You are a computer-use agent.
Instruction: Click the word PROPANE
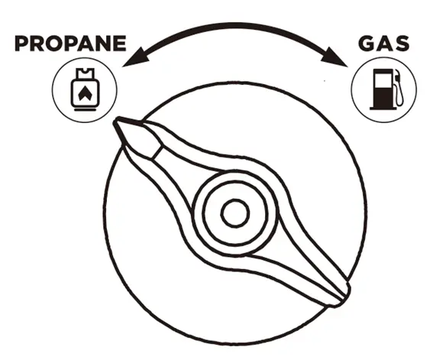(70, 44)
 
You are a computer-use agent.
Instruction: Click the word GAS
(383, 44)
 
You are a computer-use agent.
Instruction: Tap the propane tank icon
(85, 89)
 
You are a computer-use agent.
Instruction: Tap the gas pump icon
(386, 89)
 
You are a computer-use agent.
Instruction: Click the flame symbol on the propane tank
(85, 93)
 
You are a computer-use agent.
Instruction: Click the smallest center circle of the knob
(235, 213)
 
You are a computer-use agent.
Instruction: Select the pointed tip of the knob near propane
(116, 121)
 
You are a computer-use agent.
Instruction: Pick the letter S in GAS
(401, 44)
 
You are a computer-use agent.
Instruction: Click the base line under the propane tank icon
(85, 109)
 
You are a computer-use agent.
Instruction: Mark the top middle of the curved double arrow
(234, 26)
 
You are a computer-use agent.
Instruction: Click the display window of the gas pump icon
(382, 81)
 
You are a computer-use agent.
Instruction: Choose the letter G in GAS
(367, 44)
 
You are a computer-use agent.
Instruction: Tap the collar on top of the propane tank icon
(85, 73)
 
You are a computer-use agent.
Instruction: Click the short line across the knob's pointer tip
(156, 153)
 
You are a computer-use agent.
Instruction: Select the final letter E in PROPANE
(121, 44)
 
